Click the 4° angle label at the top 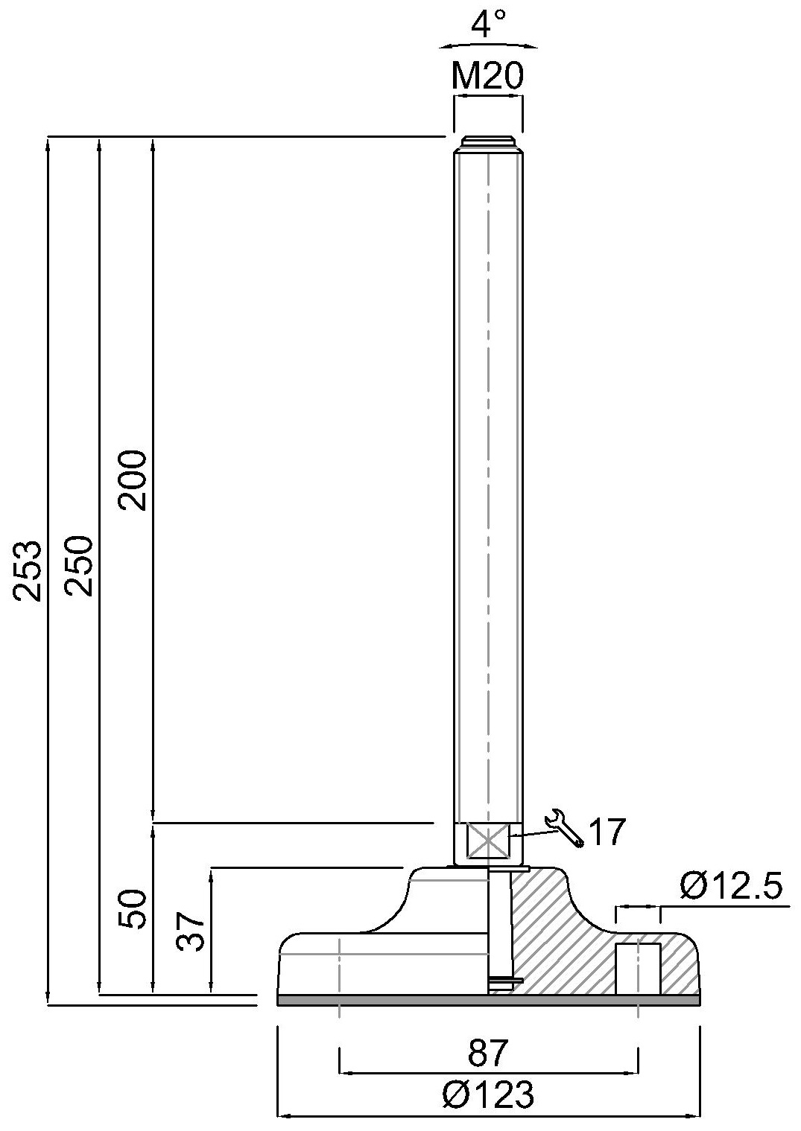(489, 25)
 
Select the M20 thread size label (488, 76)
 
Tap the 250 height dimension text (79, 564)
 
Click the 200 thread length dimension (134, 480)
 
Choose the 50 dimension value (134, 908)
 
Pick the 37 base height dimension (191, 931)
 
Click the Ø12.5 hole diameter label (730, 887)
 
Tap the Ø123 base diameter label (488, 1095)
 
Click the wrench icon (564, 828)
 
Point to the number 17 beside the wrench (608, 832)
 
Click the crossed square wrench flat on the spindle (486, 842)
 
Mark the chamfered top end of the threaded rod (488, 142)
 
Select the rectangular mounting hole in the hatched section (638, 968)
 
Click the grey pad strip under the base (488, 1000)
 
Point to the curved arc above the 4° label (488, 42)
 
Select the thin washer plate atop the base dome (489, 867)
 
